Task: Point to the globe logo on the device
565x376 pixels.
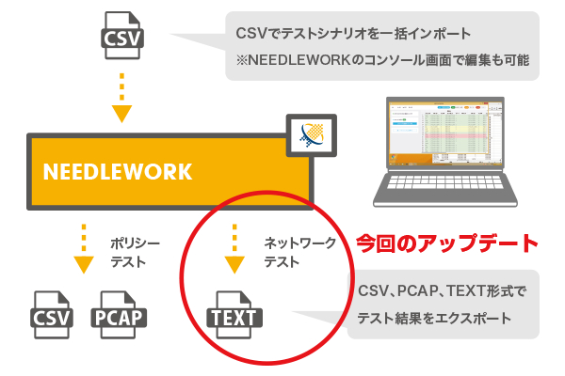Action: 307,139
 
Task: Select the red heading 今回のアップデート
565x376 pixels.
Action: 447,243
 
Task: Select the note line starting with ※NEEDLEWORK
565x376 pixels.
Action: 380,62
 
